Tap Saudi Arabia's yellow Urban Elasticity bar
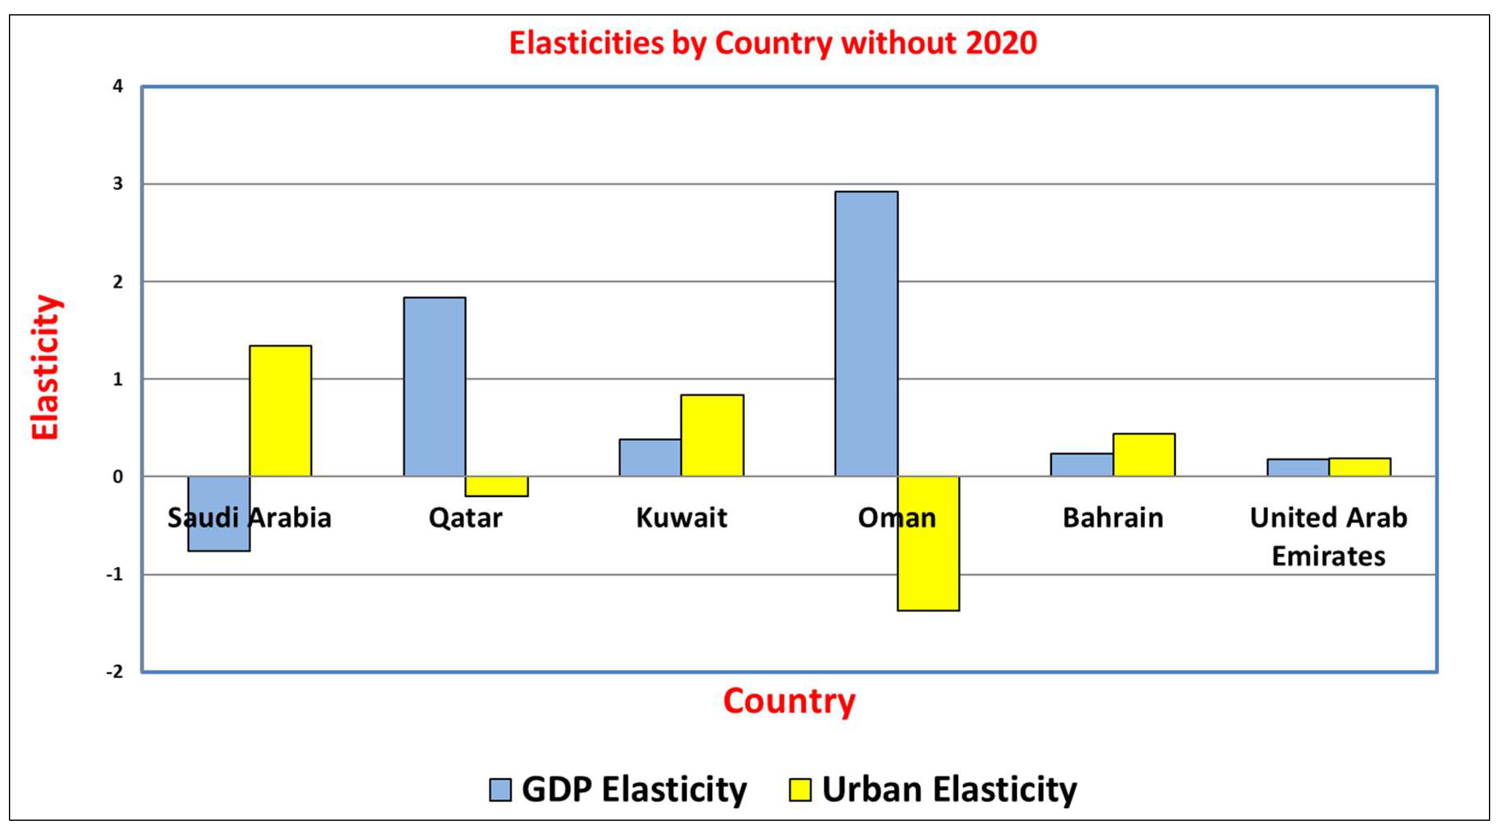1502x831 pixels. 281,411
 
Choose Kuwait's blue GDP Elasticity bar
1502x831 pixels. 650,458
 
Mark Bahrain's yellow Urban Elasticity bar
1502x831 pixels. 1144,454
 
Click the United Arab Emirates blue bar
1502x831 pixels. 1298,467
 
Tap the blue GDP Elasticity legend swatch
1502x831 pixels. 500,790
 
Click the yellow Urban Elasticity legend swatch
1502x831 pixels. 799,790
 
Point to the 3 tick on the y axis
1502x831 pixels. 118,184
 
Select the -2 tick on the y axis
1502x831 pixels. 115,672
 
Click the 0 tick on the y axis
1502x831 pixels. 118,477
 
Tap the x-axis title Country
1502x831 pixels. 789,702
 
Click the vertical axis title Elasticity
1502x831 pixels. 46,367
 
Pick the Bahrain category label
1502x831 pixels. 1113,518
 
